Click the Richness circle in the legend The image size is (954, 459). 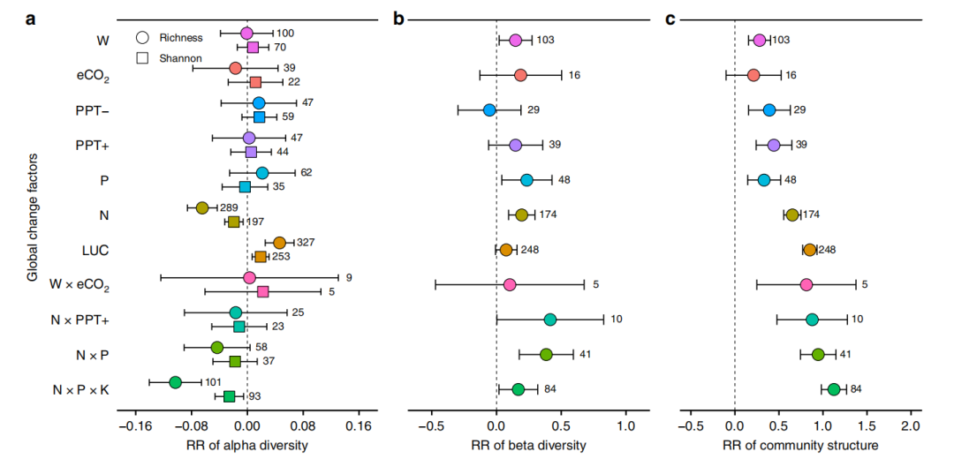[x=143, y=37]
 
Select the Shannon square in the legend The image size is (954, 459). [x=143, y=58]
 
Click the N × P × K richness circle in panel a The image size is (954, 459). [x=175, y=382]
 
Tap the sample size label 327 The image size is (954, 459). [x=307, y=243]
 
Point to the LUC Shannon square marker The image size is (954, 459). [x=261, y=257]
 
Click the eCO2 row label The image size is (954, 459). [x=93, y=77]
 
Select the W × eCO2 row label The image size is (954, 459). [x=79, y=286]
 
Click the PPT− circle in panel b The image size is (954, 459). [x=489, y=110]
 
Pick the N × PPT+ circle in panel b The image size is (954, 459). [x=550, y=320]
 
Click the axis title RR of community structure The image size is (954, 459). [x=799, y=445]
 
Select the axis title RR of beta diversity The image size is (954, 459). [x=528, y=445]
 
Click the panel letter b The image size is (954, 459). [x=398, y=20]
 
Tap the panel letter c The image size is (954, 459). [x=670, y=20]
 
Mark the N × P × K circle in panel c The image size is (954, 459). [x=834, y=389]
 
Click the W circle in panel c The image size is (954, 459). [x=760, y=40]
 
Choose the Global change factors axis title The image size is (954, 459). [x=32, y=219]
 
